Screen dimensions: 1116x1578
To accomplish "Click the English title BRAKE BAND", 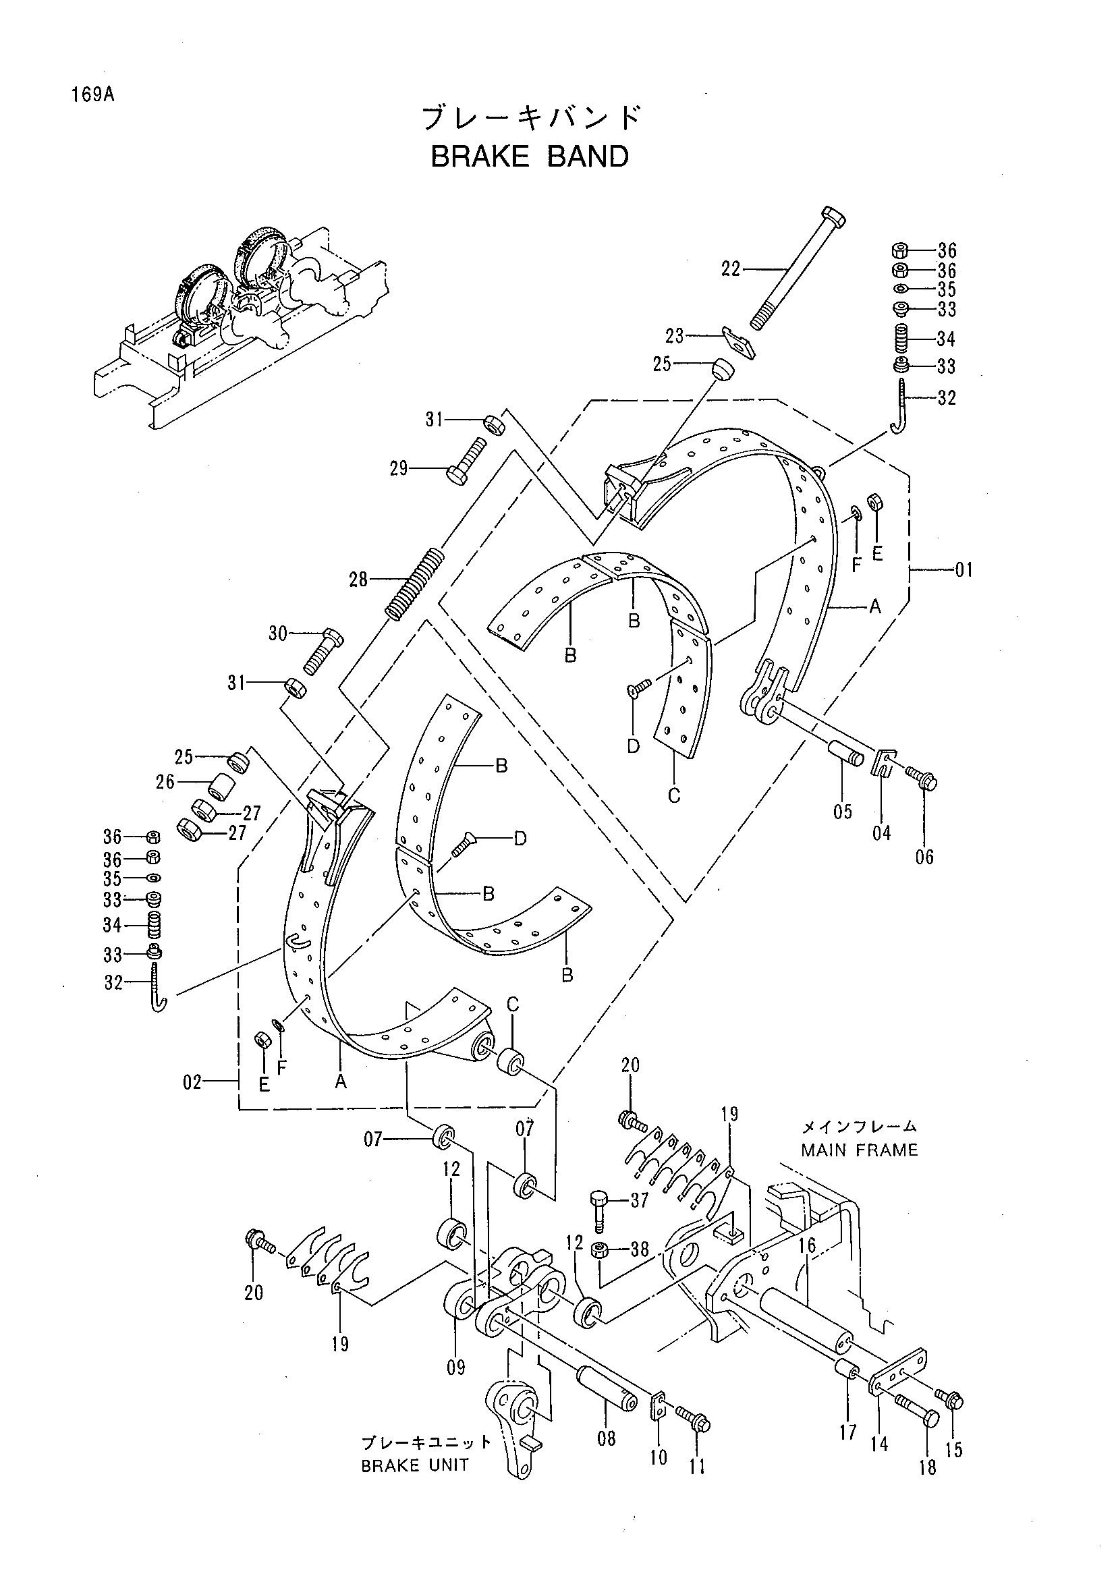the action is click(x=529, y=157).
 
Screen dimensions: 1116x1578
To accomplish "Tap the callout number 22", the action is click(x=731, y=269).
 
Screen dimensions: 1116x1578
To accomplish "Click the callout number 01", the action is click(x=964, y=570).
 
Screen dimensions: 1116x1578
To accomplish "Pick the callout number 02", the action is click(x=193, y=1083).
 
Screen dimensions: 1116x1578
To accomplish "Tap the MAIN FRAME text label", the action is click(x=859, y=1150).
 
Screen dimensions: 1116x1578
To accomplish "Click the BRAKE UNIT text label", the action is click(x=415, y=1465).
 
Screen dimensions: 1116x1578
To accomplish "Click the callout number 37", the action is click(x=640, y=1200).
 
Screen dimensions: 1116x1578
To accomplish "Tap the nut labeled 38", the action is click(x=598, y=1249).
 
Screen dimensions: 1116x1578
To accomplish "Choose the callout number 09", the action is click(x=456, y=1367).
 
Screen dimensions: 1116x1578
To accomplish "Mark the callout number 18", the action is click(x=928, y=1467).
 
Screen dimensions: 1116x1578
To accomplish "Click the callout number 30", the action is click(x=278, y=633).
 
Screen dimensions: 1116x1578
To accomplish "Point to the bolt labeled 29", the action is click(x=467, y=461).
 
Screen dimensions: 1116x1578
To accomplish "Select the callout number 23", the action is click(x=675, y=336).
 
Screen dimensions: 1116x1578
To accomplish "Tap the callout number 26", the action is click(x=165, y=782).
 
